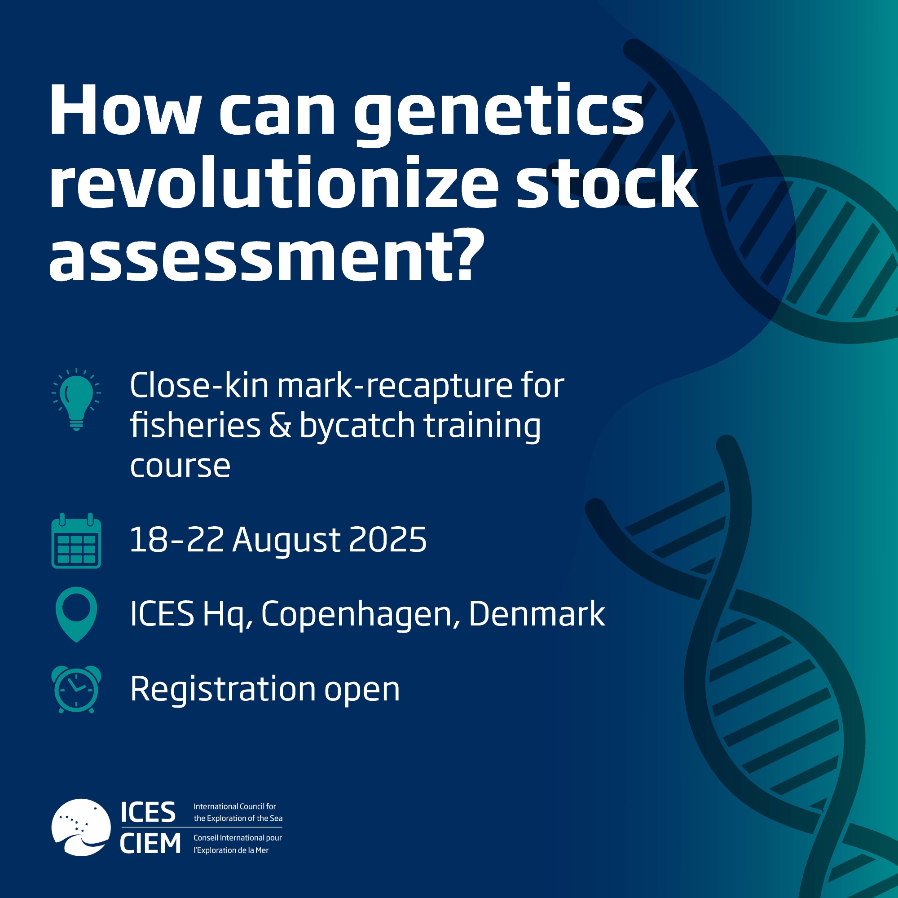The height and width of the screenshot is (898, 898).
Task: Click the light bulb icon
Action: (x=76, y=399)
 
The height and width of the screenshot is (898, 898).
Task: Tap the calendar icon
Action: (x=76, y=540)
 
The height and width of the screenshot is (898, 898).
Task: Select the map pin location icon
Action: (x=76, y=614)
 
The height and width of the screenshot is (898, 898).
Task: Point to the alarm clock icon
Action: (x=76, y=689)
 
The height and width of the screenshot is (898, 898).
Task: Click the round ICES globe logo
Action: (x=81, y=828)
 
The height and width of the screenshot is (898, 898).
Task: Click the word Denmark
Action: (x=537, y=613)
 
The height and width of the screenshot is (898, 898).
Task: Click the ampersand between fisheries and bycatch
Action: (x=280, y=425)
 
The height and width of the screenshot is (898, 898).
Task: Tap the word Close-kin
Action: (x=199, y=385)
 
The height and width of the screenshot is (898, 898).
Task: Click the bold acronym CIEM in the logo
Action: (x=150, y=843)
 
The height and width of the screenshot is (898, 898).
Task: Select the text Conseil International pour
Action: (x=238, y=837)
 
